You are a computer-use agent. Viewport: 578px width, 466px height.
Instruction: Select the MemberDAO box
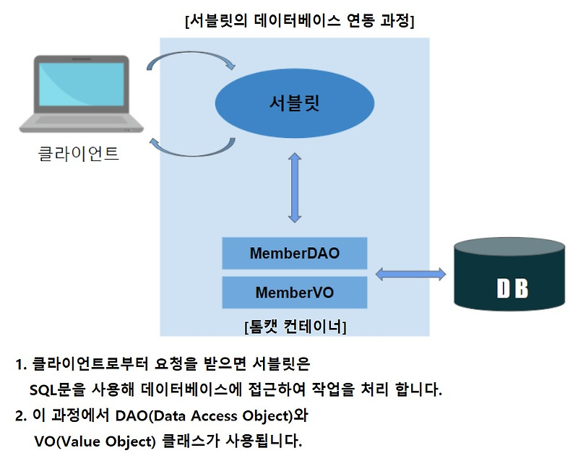[294, 254]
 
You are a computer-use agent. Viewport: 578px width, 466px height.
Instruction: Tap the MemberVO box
[294, 293]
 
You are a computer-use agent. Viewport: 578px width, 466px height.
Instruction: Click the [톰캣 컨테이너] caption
[295, 327]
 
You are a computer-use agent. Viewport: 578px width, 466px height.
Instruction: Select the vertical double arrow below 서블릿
[294, 187]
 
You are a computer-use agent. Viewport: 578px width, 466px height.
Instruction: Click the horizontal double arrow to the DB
[410, 274]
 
